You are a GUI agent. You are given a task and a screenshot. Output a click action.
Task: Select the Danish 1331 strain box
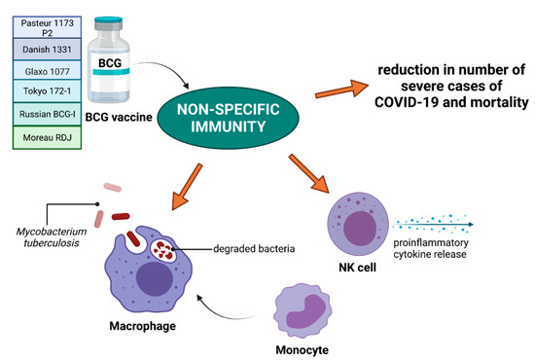pos(41,50)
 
